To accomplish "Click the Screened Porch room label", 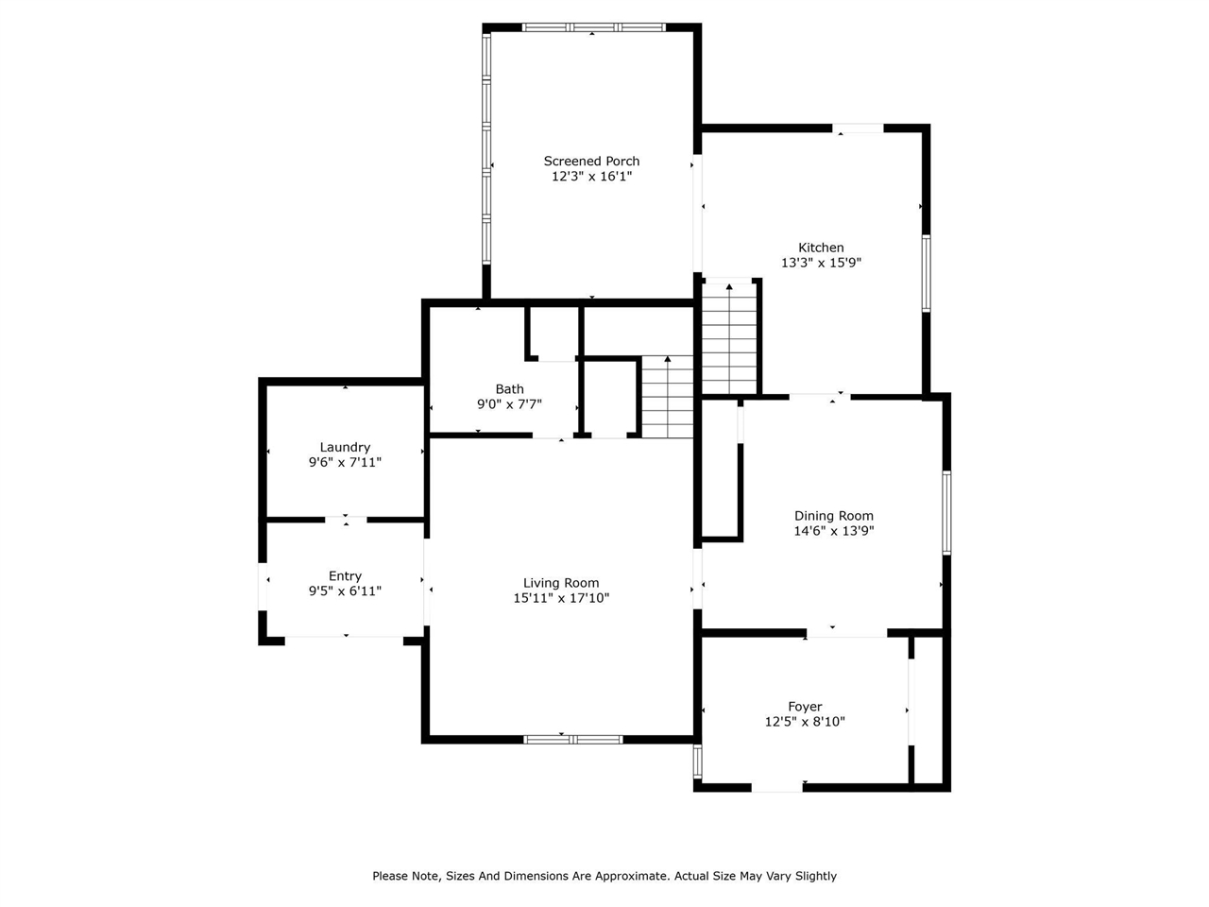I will (x=591, y=162).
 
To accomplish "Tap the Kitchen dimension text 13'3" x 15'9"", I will (x=821, y=264).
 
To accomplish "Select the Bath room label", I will (x=509, y=389).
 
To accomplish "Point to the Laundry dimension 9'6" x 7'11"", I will (x=345, y=463).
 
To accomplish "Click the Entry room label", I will (x=345, y=576).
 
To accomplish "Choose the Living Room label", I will (x=561, y=583).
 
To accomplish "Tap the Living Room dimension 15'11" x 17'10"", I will (x=561, y=598).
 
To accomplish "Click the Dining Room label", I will (x=833, y=516).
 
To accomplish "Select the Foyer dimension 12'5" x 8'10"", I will (x=805, y=722).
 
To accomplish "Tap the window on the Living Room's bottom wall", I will (x=572, y=739).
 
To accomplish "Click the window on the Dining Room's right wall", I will (x=946, y=512).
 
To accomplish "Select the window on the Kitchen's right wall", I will (x=927, y=273).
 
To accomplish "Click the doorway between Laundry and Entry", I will (x=346, y=519).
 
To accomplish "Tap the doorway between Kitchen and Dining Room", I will (x=819, y=396).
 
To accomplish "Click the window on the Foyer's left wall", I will (x=698, y=761).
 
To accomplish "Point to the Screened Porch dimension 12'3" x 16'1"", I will (x=591, y=177).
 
